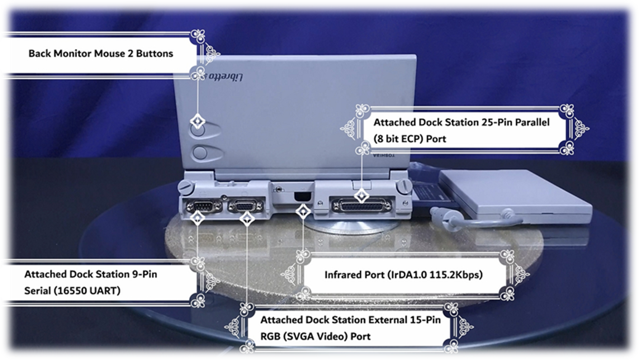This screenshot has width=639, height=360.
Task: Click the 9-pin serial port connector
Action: pos(203,206)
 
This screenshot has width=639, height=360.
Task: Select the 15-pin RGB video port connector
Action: pos(245,206)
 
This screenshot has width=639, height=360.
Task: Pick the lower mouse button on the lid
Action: pos(201,153)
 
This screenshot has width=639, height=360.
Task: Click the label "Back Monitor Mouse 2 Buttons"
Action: pos(101,53)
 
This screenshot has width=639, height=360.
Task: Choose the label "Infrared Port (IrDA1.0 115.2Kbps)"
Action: pos(404,275)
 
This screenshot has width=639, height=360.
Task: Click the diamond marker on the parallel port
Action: pos(362,195)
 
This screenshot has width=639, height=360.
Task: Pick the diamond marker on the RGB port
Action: pos(246,219)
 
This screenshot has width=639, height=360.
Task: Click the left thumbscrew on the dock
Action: pos(186,186)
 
